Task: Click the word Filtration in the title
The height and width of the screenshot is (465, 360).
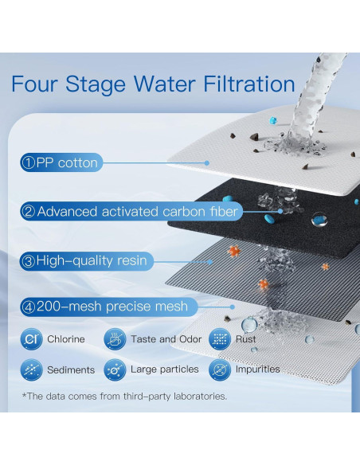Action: pyautogui.click(x=249, y=84)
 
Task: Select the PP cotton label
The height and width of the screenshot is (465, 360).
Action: pyautogui.click(x=61, y=162)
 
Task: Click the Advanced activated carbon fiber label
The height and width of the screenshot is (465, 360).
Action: pyautogui.click(x=131, y=212)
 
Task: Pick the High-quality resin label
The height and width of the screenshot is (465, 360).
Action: pyautogui.click(x=87, y=261)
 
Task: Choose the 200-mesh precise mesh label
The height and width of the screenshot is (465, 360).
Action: pyautogui.click(x=109, y=307)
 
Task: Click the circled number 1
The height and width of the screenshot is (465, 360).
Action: pyautogui.click(x=29, y=162)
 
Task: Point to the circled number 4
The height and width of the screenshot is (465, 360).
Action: pyautogui.click(x=29, y=307)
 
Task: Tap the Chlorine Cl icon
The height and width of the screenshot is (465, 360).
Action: pyautogui.click(x=31, y=339)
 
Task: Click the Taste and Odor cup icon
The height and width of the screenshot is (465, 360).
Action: pyautogui.click(x=115, y=339)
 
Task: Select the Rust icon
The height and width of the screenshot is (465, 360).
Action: pyautogui.click(x=220, y=339)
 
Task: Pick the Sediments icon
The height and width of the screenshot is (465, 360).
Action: pyautogui.click(x=31, y=369)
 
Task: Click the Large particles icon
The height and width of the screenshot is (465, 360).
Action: pyautogui.click(x=115, y=369)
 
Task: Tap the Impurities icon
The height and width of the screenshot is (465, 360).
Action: pyautogui.click(x=220, y=369)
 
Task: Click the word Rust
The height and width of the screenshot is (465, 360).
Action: pyautogui.click(x=245, y=339)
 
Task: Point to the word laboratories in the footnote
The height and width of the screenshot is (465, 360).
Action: pyautogui.click(x=200, y=397)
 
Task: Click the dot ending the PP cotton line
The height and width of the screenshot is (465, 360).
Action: pyautogui.click(x=207, y=162)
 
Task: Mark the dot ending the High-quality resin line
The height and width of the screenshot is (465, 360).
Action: pyautogui.click(x=210, y=262)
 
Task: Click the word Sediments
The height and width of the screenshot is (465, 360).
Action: pyautogui.click(x=71, y=369)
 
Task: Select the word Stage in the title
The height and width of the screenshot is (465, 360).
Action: pyautogui.click(x=96, y=85)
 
